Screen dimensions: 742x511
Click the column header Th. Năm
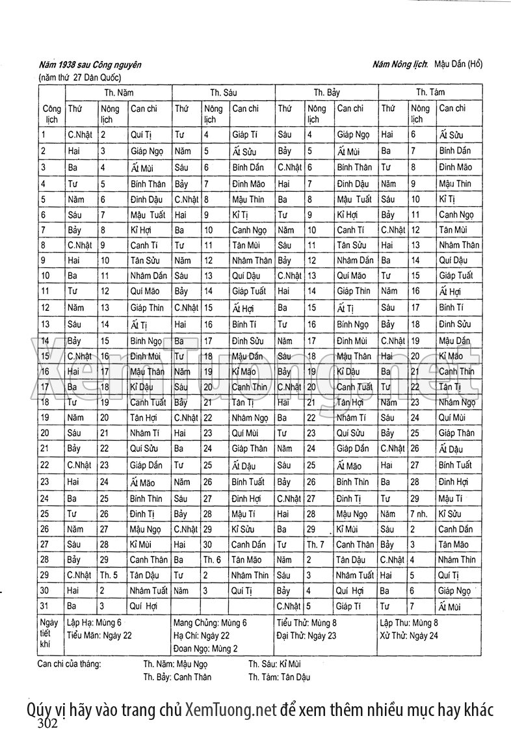pos(120,93)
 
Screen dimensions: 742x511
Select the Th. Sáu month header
pos(224,93)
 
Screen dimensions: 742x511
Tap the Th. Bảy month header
pos(327,93)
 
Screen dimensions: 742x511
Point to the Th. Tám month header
pos(430,92)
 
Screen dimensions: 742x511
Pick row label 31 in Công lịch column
pos(44,606)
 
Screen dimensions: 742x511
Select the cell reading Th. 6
pos(212,559)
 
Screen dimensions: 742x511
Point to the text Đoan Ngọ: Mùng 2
pos(205,648)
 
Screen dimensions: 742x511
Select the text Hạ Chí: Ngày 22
pos(202,635)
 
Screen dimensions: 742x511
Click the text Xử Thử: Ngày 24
pos(409,635)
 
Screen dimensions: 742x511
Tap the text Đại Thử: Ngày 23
pos(306,635)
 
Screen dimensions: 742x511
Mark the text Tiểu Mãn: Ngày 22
pos(99,635)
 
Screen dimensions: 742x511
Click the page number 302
pos(49,723)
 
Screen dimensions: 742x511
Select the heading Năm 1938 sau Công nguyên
pos(90,65)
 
